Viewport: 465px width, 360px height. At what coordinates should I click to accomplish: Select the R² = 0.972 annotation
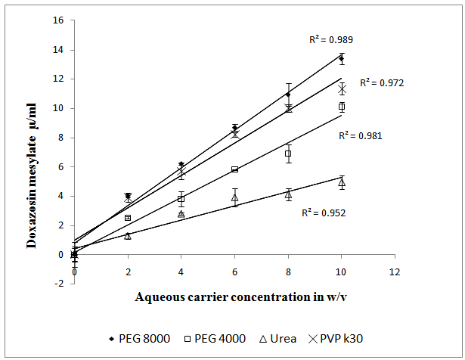pos(382,83)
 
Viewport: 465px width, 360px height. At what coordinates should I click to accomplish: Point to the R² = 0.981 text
pos(360,136)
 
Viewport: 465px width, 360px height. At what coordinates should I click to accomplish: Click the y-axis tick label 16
pos(58,20)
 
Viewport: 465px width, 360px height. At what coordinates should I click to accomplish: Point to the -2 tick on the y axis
pos(58,284)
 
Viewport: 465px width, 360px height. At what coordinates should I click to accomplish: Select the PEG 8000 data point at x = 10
pos(341,58)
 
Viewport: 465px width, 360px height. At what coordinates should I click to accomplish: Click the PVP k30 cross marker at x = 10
pos(342,89)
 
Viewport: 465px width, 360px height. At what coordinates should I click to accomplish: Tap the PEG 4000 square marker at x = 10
pos(342,107)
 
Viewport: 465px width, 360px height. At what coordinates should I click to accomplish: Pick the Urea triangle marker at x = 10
pos(342,182)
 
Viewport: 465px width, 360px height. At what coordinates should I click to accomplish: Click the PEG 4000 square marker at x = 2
pos(128,218)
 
